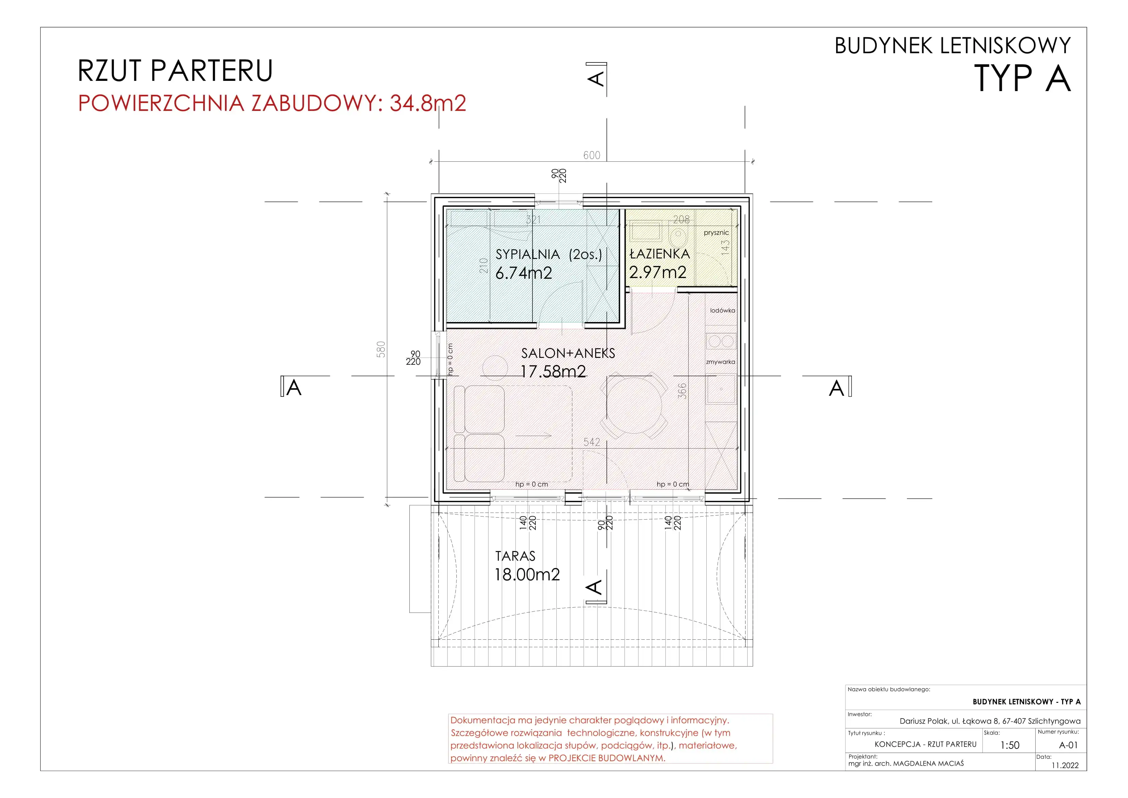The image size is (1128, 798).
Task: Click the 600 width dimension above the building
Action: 591,155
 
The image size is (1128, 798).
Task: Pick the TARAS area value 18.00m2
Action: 527,574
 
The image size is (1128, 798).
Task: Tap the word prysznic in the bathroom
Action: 716,233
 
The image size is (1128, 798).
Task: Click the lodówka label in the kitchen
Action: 723,310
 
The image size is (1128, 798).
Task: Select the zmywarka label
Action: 721,362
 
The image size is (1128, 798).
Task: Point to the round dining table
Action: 635,405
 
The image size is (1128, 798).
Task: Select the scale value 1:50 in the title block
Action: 1010,745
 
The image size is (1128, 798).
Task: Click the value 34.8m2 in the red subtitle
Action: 427,103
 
